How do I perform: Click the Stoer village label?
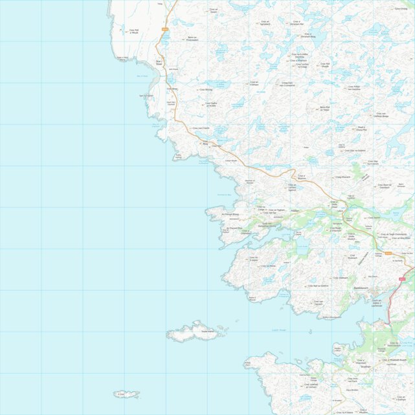click(159, 63)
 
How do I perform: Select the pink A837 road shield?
click(402, 278)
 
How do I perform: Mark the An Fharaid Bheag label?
click(231, 212)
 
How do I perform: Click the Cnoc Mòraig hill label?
click(205, 89)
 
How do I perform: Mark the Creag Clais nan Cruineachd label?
click(287, 84)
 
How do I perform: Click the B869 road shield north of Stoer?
click(164, 30)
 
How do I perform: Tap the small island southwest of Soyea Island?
click(126, 394)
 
